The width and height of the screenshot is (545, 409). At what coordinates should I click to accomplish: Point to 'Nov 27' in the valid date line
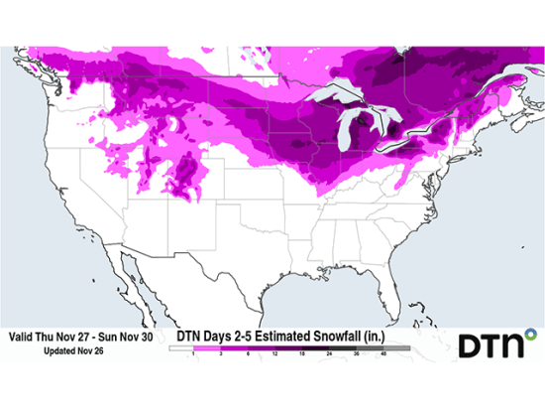pos(84,338)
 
